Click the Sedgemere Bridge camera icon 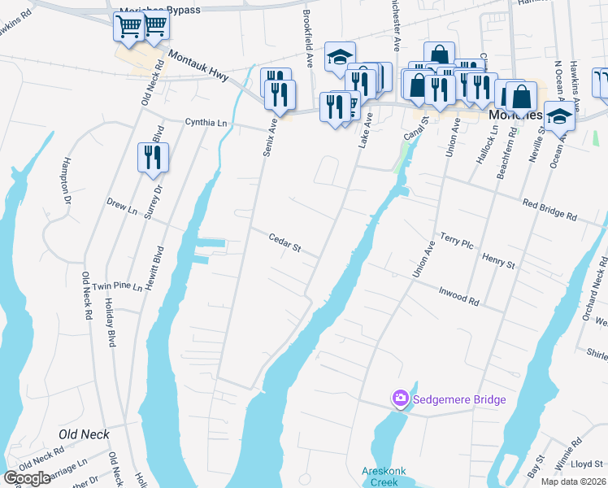[x=400, y=399]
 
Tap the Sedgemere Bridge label [x=459, y=399]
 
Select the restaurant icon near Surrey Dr [x=153, y=156]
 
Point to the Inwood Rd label [x=458, y=294]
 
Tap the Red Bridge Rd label [x=549, y=211]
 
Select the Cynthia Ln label [x=206, y=123]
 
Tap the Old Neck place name [x=84, y=434]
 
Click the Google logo [x=27, y=478]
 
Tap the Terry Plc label [x=456, y=240]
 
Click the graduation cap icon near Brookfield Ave [x=340, y=58]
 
